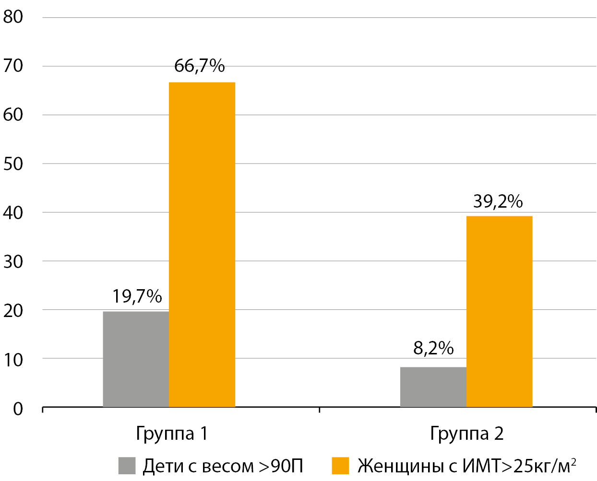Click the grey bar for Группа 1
[x=136, y=359]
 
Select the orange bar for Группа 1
[x=202, y=245]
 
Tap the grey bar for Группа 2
[x=433, y=387]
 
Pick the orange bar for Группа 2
[x=499, y=312]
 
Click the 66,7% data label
[x=199, y=66]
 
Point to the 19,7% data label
[x=137, y=296]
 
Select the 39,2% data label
[x=498, y=201]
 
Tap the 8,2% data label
[x=433, y=348]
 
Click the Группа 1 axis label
[x=172, y=434]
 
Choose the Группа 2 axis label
[x=466, y=434]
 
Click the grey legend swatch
[x=127, y=466]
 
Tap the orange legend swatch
[x=340, y=466]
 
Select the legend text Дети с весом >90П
[x=223, y=466]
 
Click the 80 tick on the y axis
[x=13, y=17]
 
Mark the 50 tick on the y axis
[x=13, y=164]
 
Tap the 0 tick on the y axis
[x=18, y=409]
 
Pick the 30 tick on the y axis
[x=13, y=262]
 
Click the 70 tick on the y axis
[x=13, y=66]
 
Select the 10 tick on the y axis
[x=13, y=360]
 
